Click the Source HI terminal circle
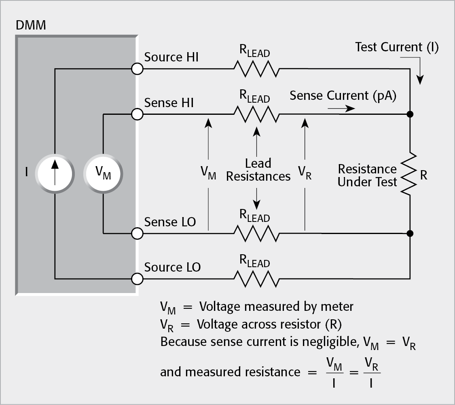pos(138,69)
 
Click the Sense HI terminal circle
pos(138,114)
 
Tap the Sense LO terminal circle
pos(138,233)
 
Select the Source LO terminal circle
pos(138,278)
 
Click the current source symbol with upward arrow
pos(55,173)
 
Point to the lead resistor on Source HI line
pos(256,69)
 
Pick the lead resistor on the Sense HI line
pos(256,114)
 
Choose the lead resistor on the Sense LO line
pos(256,233)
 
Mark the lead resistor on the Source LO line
pos(256,278)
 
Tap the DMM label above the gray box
pos(30,25)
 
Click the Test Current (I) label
pos(396,47)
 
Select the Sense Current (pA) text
pos(343,95)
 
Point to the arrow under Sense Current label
pos(342,108)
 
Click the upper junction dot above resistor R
pos(410,114)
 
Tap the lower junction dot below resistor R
pos(410,233)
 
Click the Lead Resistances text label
pos(258,170)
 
